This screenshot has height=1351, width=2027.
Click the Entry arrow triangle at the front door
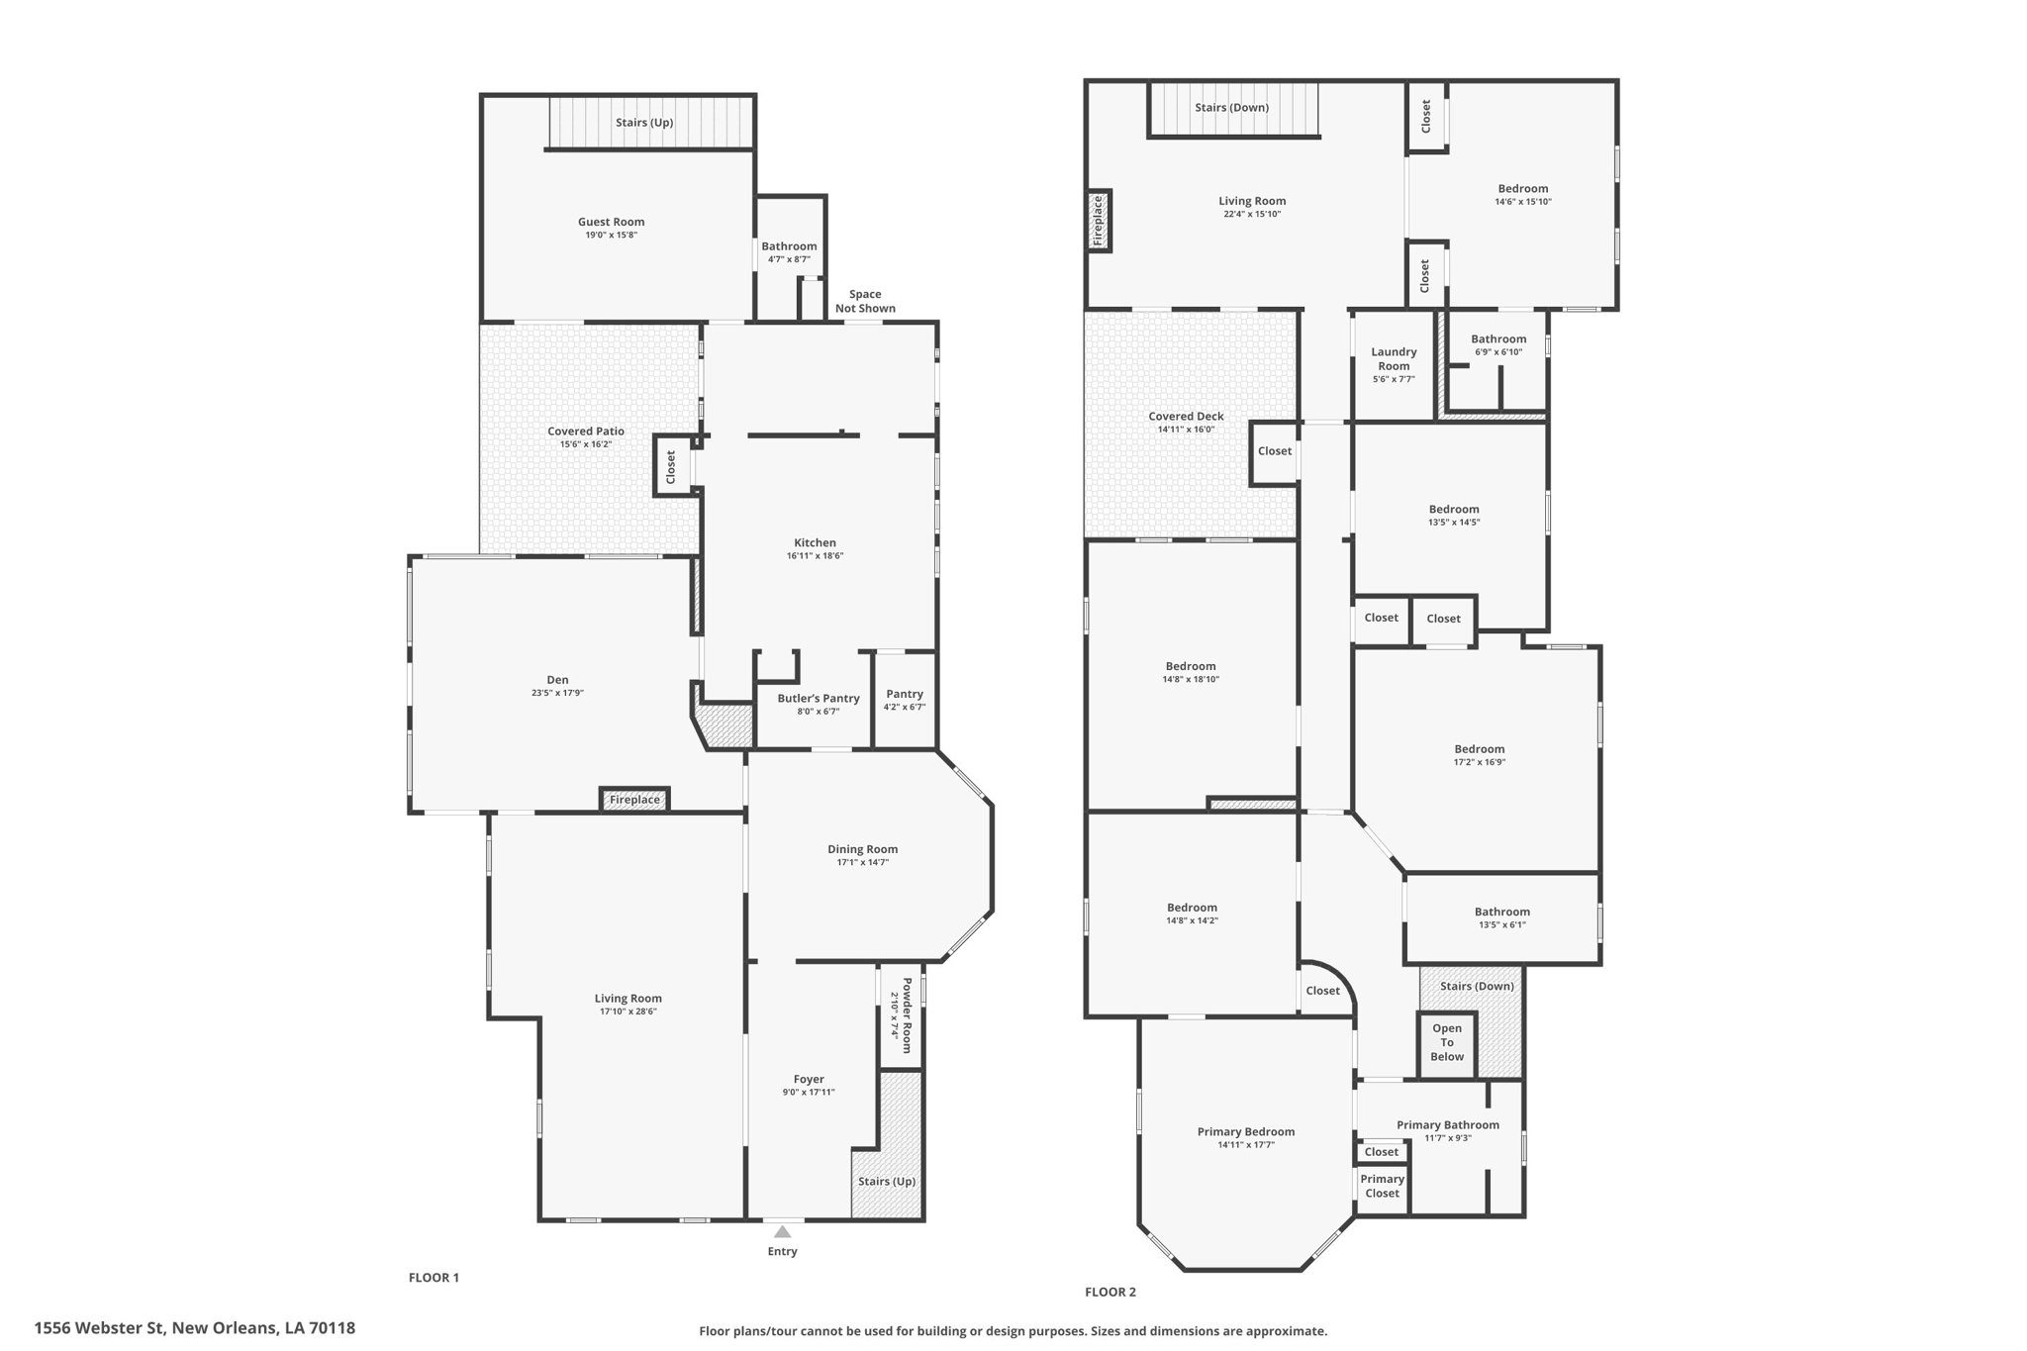(782, 1232)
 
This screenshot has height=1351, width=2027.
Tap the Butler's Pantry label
(818, 699)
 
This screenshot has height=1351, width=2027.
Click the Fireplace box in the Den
(634, 800)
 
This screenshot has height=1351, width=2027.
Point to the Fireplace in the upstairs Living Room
(1098, 221)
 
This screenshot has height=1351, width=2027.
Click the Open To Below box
(1446, 1042)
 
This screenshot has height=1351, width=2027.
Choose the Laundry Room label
(1394, 358)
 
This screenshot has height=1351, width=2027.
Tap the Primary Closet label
(1382, 1186)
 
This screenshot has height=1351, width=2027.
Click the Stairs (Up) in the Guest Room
(644, 123)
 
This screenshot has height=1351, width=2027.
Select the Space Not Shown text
(865, 301)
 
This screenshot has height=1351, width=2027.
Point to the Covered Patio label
(586, 431)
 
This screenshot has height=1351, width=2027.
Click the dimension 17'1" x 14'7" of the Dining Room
(862, 863)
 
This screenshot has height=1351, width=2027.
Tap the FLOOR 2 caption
(1110, 1292)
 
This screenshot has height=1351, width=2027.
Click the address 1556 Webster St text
(194, 1328)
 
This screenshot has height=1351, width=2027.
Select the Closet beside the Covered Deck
(1274, 451)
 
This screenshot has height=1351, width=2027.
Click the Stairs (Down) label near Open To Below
(1477, 986)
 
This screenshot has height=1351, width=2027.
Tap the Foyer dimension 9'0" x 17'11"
(808, 1093)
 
